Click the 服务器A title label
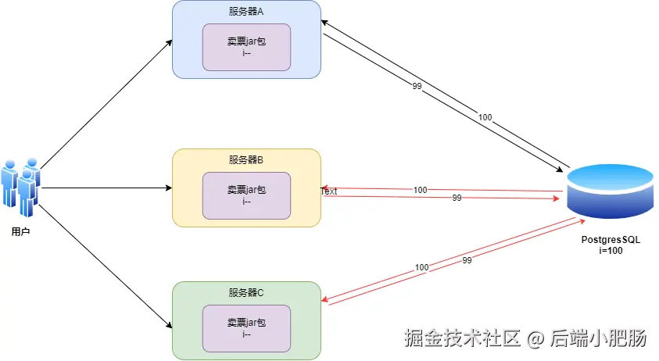point(246,12)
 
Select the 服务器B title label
point(246,159)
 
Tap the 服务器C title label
point(246,292)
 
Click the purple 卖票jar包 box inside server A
point(246,47)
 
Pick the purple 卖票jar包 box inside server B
point(246,195)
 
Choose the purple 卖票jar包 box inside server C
point(246,328)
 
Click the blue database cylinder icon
point(611,192)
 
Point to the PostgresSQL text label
point(611,239)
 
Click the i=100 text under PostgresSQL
point(611,251)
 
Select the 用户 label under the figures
point(21,232)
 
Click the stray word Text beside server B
point(329,191)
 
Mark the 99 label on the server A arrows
point(417,86)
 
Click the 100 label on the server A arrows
point(485,117)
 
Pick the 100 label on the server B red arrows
point(421,190)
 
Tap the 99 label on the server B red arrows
point(457,198)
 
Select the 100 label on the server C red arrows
point(422,267)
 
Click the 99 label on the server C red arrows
point(467,259)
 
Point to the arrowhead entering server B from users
point(168,188)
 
